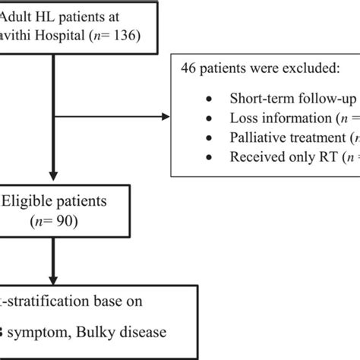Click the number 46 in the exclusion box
coord(188,69)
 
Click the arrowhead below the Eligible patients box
coord(52,279)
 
